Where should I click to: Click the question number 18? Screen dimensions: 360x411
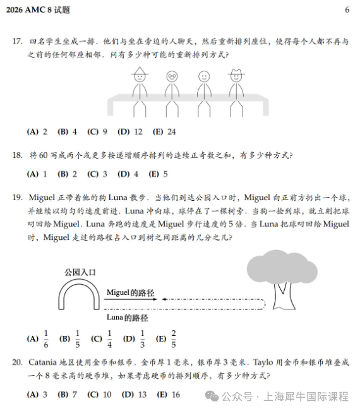(18, 155)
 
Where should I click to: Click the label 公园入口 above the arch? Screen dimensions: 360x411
(80, 272)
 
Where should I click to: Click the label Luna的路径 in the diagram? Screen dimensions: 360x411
(123, 318)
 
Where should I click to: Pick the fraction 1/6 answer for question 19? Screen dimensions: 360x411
(39, 338)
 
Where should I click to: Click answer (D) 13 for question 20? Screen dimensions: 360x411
(133, 395)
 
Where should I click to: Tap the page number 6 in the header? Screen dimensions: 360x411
(347, 10)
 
